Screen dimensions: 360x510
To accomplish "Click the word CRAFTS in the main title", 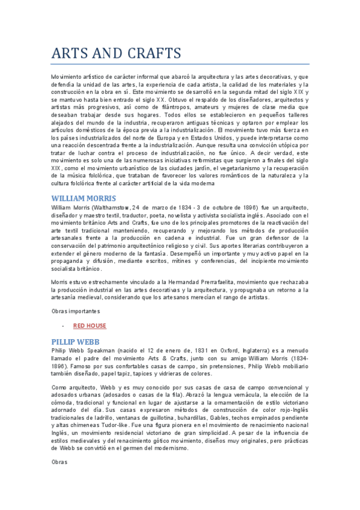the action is coord(150,53).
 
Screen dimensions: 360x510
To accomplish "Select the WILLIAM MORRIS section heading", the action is coord(84,198).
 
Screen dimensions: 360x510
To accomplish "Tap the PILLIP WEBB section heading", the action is coord(75,340).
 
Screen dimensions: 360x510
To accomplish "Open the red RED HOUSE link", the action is coord(90,325).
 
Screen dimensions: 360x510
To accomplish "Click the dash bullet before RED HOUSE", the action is coord(63,325).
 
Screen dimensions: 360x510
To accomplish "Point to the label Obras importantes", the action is coord(75,310).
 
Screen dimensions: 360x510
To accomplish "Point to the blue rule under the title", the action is coord(180,64).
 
